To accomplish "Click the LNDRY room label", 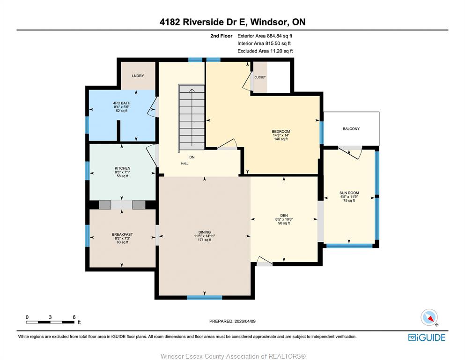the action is [x=138, y=75].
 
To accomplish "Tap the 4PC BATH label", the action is [x=122, y=103].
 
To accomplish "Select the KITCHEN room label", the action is [x=123, y=168].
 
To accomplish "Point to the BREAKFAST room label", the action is [x=123, y=234].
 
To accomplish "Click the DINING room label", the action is [x=205, y=232].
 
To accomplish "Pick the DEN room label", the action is [x=284, y=216].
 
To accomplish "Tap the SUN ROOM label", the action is [x=349, y=193].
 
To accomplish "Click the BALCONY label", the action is [x=351, y=129].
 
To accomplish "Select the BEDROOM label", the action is [x=281, y=131].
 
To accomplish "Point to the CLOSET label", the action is [x=260, y=77].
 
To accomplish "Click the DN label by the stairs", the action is [x=192, y=157].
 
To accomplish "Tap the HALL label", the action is [x=185, y=163].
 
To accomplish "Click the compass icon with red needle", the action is [x=429, y=317].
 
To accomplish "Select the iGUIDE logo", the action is [x=427, y=337].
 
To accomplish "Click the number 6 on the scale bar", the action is [x=74, y=317].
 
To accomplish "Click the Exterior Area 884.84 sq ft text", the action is [x=265, y=36].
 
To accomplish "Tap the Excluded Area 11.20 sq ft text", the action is [x=265, y=51].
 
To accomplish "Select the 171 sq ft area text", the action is [x=205, y=240].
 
